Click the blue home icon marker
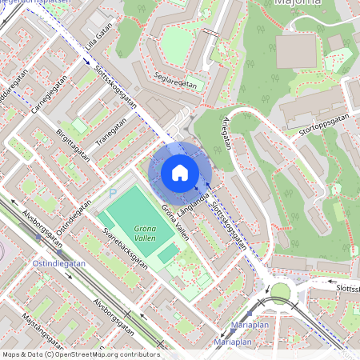(x=180, y=173)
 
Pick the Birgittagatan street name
(x=73, y=145)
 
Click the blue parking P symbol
(x=113, y=193)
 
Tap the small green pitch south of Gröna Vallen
(x=167, y=255)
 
